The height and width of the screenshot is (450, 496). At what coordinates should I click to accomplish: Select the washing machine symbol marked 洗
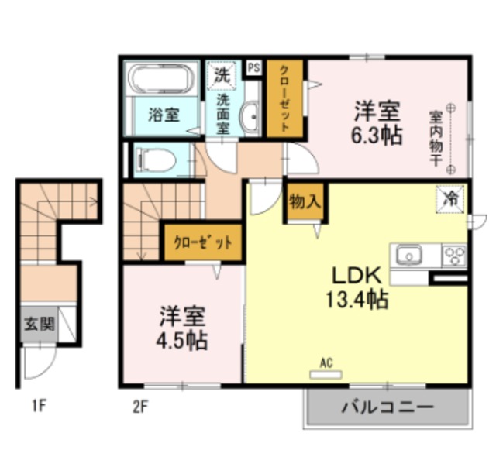222,76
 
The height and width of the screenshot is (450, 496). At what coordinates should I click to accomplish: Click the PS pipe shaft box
253,68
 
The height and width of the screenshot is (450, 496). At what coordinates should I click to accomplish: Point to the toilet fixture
155,160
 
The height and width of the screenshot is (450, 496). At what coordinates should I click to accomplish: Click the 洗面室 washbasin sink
250,119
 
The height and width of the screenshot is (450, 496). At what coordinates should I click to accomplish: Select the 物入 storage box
304,203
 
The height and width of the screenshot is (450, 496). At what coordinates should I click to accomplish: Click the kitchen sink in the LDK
408,254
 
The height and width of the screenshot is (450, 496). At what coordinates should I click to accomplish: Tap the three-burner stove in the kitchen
453,254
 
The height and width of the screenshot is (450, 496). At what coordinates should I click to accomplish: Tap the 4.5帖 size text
184,339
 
